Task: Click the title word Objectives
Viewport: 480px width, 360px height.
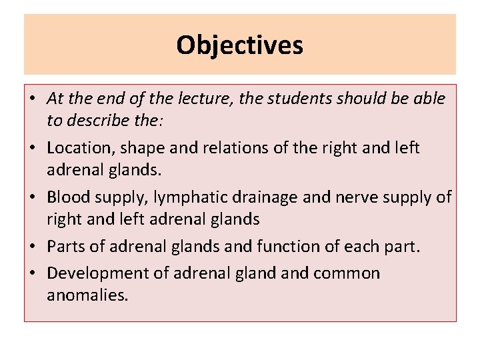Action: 239,45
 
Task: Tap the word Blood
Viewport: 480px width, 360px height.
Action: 67,197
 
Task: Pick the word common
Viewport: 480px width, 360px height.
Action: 348,273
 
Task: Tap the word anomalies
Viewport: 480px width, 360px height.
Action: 86,295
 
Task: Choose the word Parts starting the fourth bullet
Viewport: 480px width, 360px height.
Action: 65,247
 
